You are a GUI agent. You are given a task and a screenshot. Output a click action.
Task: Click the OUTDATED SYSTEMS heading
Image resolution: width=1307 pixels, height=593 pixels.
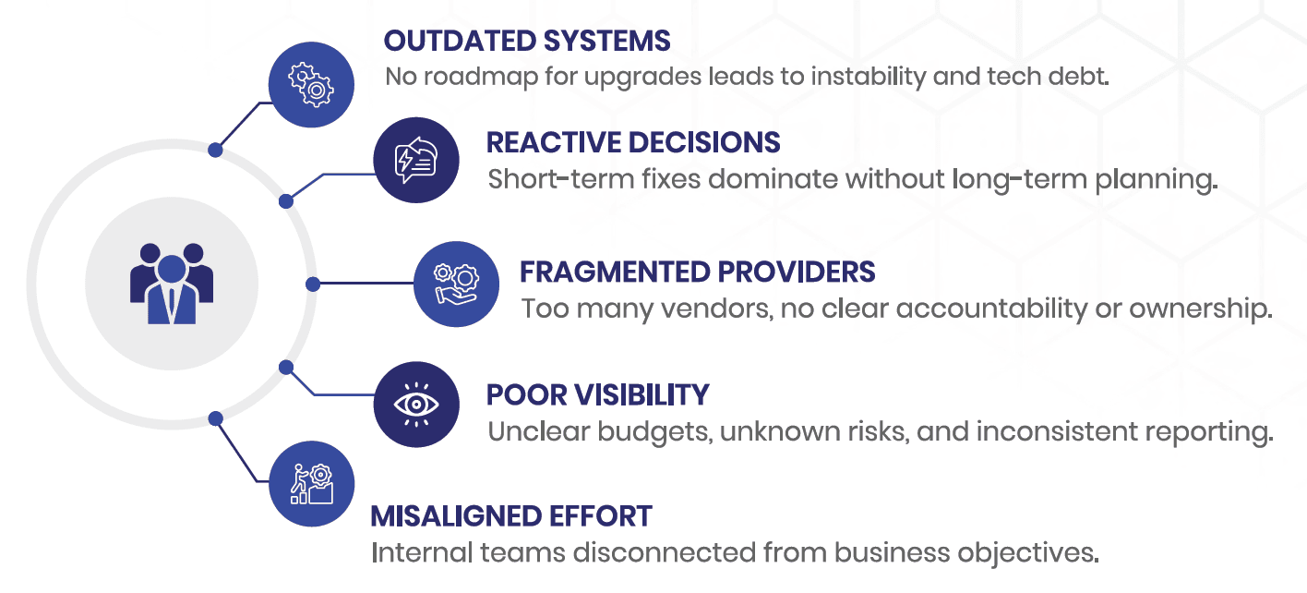coord(527,42)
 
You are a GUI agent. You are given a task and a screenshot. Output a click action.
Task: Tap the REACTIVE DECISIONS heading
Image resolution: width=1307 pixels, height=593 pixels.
coord(633,143)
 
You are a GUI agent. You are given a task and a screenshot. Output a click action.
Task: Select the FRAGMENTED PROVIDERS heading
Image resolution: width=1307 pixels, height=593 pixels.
coord(697,272)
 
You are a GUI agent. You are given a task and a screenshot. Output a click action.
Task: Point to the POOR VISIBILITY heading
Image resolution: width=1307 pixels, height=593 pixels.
coord(597,395)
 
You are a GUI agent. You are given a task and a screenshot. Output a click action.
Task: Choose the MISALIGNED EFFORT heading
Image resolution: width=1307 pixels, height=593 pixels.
coord(511,516)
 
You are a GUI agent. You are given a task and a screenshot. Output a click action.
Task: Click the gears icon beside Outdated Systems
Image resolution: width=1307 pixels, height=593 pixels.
coord(311,85)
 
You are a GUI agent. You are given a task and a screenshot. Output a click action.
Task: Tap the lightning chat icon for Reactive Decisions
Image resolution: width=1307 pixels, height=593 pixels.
coord(416,161)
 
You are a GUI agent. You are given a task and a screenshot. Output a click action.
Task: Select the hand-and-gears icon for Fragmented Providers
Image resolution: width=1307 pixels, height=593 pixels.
coord(456,284)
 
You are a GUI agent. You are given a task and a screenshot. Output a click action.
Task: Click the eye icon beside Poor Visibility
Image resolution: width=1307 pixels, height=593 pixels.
coord(416,405)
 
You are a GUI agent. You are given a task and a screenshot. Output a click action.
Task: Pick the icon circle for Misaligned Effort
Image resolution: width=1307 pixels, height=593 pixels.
coord(312,484)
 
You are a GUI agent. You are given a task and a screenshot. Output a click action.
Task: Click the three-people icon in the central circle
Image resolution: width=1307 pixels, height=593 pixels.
coord(172,284)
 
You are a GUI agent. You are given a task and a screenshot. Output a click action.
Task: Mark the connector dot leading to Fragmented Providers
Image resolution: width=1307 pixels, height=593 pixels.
coord(313,284)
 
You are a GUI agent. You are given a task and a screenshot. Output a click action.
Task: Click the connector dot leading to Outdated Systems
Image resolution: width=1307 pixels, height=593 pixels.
coord(215,150)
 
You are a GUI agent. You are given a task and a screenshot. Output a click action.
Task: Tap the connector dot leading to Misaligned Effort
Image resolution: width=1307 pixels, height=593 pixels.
coord(215,418)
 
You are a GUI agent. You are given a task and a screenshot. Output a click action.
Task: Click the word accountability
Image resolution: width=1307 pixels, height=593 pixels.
coord(992,309)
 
